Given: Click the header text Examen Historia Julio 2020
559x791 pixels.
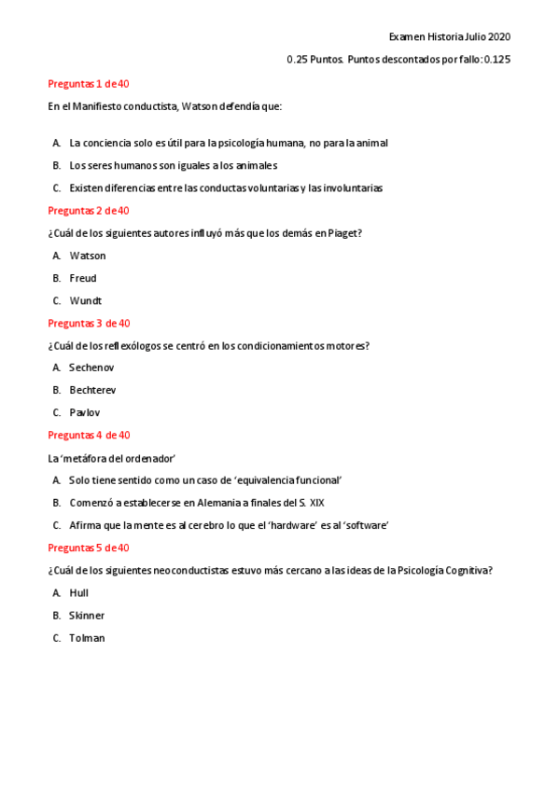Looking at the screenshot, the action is tap(449, 37).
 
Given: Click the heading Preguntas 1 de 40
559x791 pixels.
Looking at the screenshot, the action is tap(89, 83).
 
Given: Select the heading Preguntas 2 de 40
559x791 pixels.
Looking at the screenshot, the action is tap(89, 210).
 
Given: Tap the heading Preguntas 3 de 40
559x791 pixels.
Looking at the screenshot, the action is tap(89, 323).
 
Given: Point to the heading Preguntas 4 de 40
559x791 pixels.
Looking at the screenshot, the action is tap(89, 435).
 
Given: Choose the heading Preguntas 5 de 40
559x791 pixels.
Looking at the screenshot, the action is tap(89, 548).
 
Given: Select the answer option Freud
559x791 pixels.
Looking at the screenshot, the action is tap(83, 278).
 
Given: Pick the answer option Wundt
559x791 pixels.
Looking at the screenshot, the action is tap(85, 300).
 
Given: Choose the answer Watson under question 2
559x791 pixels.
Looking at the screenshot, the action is tap(88, 256).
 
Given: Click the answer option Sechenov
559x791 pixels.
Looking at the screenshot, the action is tap(91, 368).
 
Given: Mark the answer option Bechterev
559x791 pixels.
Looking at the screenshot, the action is tap(92, 390).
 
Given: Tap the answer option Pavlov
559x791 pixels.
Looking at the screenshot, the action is tap(85, 412).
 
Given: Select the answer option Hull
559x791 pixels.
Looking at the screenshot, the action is tap(79, 592).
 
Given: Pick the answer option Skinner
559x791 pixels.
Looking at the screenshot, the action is tap(87, 616).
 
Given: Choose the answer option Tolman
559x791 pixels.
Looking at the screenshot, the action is tap(87, 638).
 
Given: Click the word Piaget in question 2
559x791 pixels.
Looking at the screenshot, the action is tap(345, 233).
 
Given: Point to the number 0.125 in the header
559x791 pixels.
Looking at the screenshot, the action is tap(496, 60).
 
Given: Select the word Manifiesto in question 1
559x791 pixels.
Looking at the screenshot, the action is tap(97, 105).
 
